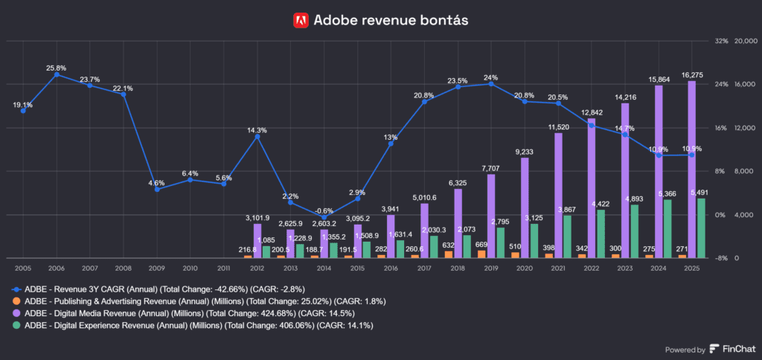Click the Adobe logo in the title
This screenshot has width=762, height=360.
301,20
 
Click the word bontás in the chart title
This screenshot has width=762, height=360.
444,20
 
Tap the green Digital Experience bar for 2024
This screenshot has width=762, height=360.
667,228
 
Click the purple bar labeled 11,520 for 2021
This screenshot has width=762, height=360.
558,196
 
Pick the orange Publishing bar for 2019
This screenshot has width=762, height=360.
481,254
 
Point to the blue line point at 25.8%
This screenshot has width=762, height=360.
56,74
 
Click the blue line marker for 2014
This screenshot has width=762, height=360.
324,217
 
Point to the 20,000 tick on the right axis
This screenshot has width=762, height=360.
746,41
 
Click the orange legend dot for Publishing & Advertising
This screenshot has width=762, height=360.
17,300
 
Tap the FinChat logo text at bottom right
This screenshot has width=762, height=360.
737,350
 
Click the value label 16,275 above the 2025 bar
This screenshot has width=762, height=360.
692,75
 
